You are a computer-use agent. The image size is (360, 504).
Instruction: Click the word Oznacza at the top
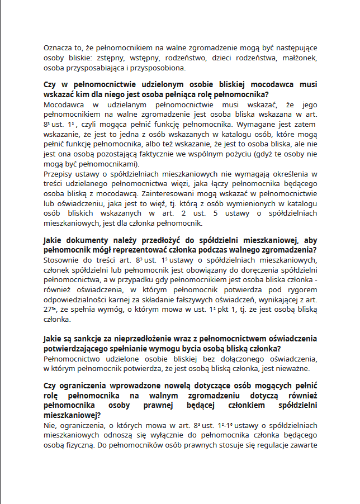[59, 49]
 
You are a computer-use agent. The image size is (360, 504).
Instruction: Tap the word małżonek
[300, 58]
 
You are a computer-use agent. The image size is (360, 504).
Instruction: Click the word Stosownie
[62, 261]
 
